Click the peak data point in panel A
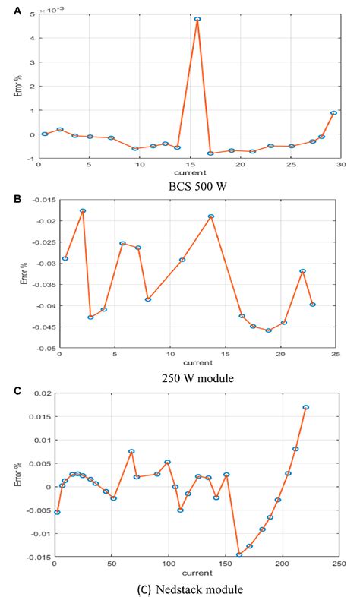coord(197,19)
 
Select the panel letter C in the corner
coord(7,390)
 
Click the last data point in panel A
coord(333,113)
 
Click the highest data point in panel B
coord(83,211)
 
